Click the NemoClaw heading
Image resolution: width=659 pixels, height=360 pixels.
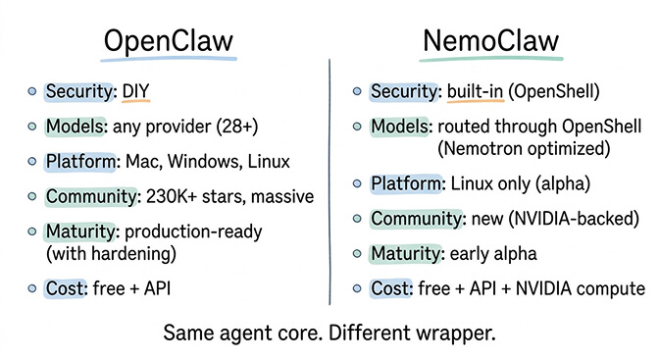point(490,42)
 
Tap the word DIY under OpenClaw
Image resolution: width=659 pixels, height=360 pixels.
point(135,92)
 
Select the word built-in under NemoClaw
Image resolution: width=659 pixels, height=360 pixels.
point(475,92)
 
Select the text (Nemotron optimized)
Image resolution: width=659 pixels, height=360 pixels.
point(524,148)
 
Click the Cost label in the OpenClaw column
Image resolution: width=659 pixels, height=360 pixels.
point(66,288)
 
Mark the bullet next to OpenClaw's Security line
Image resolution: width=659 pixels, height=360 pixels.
point(33,92)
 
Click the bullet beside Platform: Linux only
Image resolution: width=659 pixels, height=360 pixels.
point(357,183)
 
